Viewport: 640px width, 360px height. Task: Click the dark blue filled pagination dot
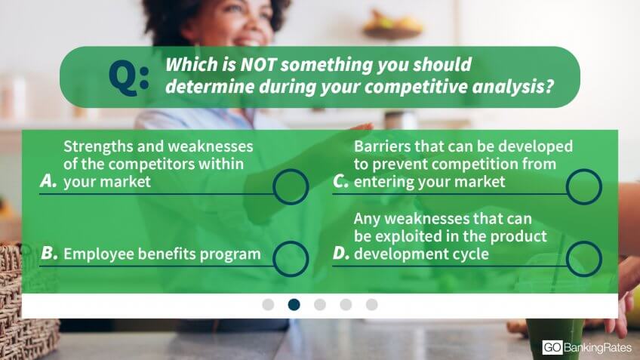[294, 304]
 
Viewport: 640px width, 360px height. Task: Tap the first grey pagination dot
[268, 304]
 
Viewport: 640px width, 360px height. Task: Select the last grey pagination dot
[371, 304]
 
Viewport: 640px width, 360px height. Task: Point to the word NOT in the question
[258, 64]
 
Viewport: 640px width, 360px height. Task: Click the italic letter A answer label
[48, 181]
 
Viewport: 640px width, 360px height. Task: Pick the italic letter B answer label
[49, 254]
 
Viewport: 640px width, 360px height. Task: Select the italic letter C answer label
[341, 181]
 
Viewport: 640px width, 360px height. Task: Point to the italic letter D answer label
[341, 254]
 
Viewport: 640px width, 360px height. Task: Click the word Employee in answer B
[98, 254]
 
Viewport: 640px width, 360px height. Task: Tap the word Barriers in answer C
[382, 146]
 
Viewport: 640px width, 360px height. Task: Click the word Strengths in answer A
[98, 146]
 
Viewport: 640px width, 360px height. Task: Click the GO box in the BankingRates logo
[552, 347]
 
